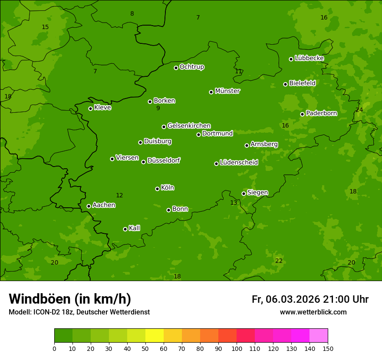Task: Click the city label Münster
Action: tap(227, 91)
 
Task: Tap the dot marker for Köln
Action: tap(157, 189)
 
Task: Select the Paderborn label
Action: tap(321, 113)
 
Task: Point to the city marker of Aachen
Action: tap(89, 206)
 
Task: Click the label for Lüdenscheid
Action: tap(239, 163)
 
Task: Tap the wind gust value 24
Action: tap(359, 110)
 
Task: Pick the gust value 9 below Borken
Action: tap(158, 108)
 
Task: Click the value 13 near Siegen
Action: tap(234, 203)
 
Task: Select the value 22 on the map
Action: tap(279, 261)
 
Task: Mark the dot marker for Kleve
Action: tap(90, 108)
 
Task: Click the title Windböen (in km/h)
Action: tap(70, 299)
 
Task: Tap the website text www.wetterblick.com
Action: tap(313, 312)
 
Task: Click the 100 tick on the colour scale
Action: tap(237, 348)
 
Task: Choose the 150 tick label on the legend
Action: tap(328, 348)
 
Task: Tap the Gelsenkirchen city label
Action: tap(189, 126)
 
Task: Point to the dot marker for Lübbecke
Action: tap(291, 59)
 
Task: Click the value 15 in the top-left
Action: tap(45, 27)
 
